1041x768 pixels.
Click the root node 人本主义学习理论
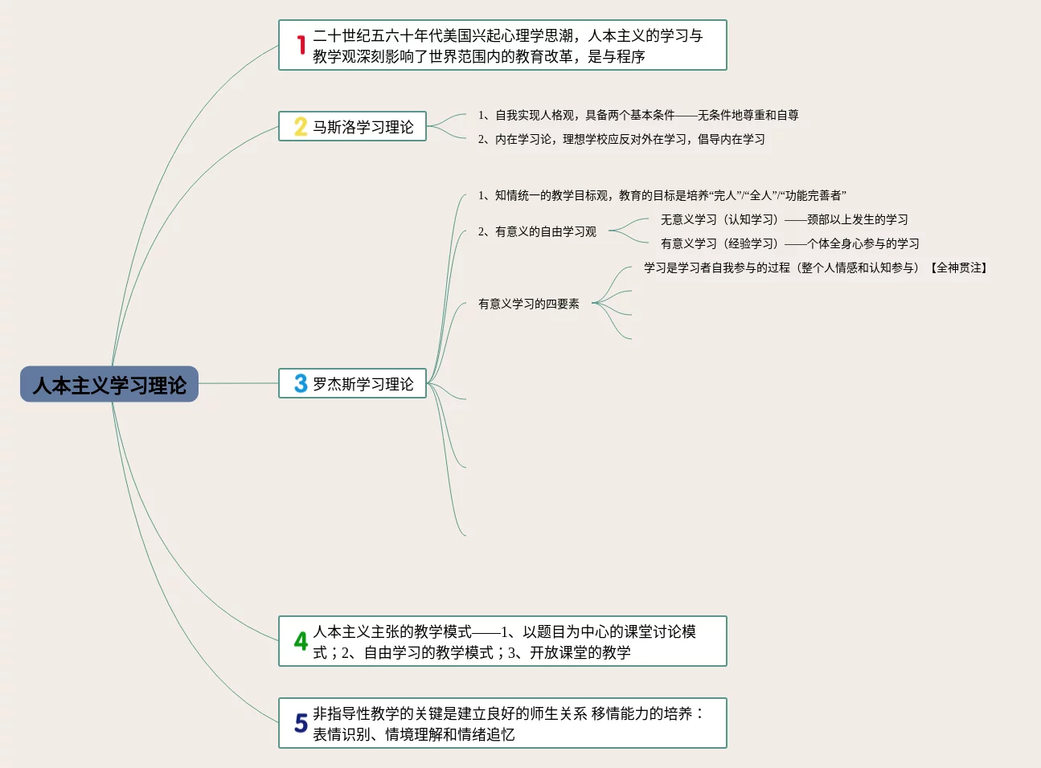point(109,385)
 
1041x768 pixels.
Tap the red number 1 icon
point(301,46)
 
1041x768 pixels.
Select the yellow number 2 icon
point(301,127)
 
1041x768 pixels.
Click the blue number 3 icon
point(301,384)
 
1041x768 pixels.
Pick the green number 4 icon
point(301,641)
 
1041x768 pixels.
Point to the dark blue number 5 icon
point(301,723)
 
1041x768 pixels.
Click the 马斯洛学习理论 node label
point(363,127)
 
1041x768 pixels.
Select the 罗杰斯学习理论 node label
point(363,384)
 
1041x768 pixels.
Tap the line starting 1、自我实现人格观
point(638,116)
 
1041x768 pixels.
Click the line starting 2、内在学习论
point(621,140)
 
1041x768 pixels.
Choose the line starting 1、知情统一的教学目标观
point(662,196)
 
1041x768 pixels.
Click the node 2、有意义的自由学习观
point(537,232)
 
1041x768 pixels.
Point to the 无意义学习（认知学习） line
point(784,220)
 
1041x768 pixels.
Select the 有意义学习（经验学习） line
point(789,244)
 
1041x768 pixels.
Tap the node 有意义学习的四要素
point(528,304)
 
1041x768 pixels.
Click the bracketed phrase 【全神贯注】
point(959,268)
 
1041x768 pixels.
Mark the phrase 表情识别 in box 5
point(341,734)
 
